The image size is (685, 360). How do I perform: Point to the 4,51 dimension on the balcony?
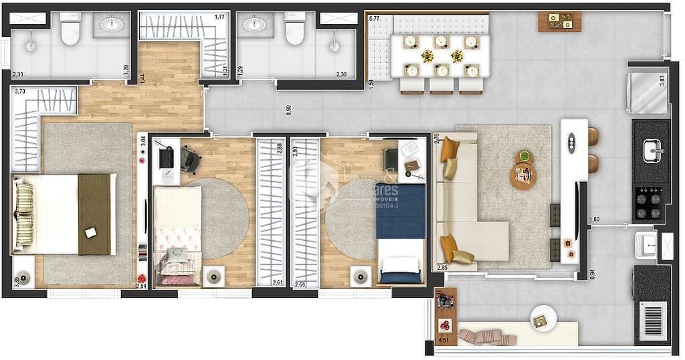pyautogui.click(x=443, y=341)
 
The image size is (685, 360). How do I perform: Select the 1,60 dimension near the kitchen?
pyautogui.click(x=595, y=219)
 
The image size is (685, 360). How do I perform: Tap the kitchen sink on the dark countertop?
pyautogui.click(x=653, y=151)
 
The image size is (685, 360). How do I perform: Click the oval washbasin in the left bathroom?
pyautogui.click(x=112, y=25)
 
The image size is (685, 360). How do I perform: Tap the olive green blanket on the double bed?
pyautogui.click(x=94, y=214)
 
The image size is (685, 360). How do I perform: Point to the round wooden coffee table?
pyautogui.click(x=523, y=176)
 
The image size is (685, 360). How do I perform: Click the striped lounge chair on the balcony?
pyautogui.click(x=487, y=336)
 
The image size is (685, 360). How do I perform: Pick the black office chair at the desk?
pyautogui.click(x=190, y=159)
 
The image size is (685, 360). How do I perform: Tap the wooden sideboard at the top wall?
pyautogui.click(x=559, y=21)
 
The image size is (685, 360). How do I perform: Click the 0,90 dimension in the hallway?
pyautogui.click(x=288, y=110)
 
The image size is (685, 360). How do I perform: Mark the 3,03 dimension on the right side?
pyautogui.click(x=662, y=80)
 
